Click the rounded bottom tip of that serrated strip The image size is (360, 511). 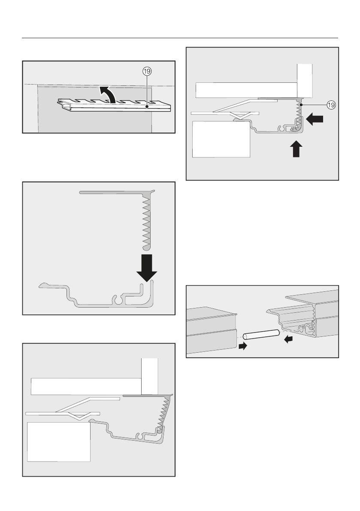146,247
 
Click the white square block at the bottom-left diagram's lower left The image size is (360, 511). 59,442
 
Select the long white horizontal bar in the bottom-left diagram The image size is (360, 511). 86,385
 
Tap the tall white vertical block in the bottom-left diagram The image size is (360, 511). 150,375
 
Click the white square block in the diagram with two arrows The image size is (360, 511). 221,140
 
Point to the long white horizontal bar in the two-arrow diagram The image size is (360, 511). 247,90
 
